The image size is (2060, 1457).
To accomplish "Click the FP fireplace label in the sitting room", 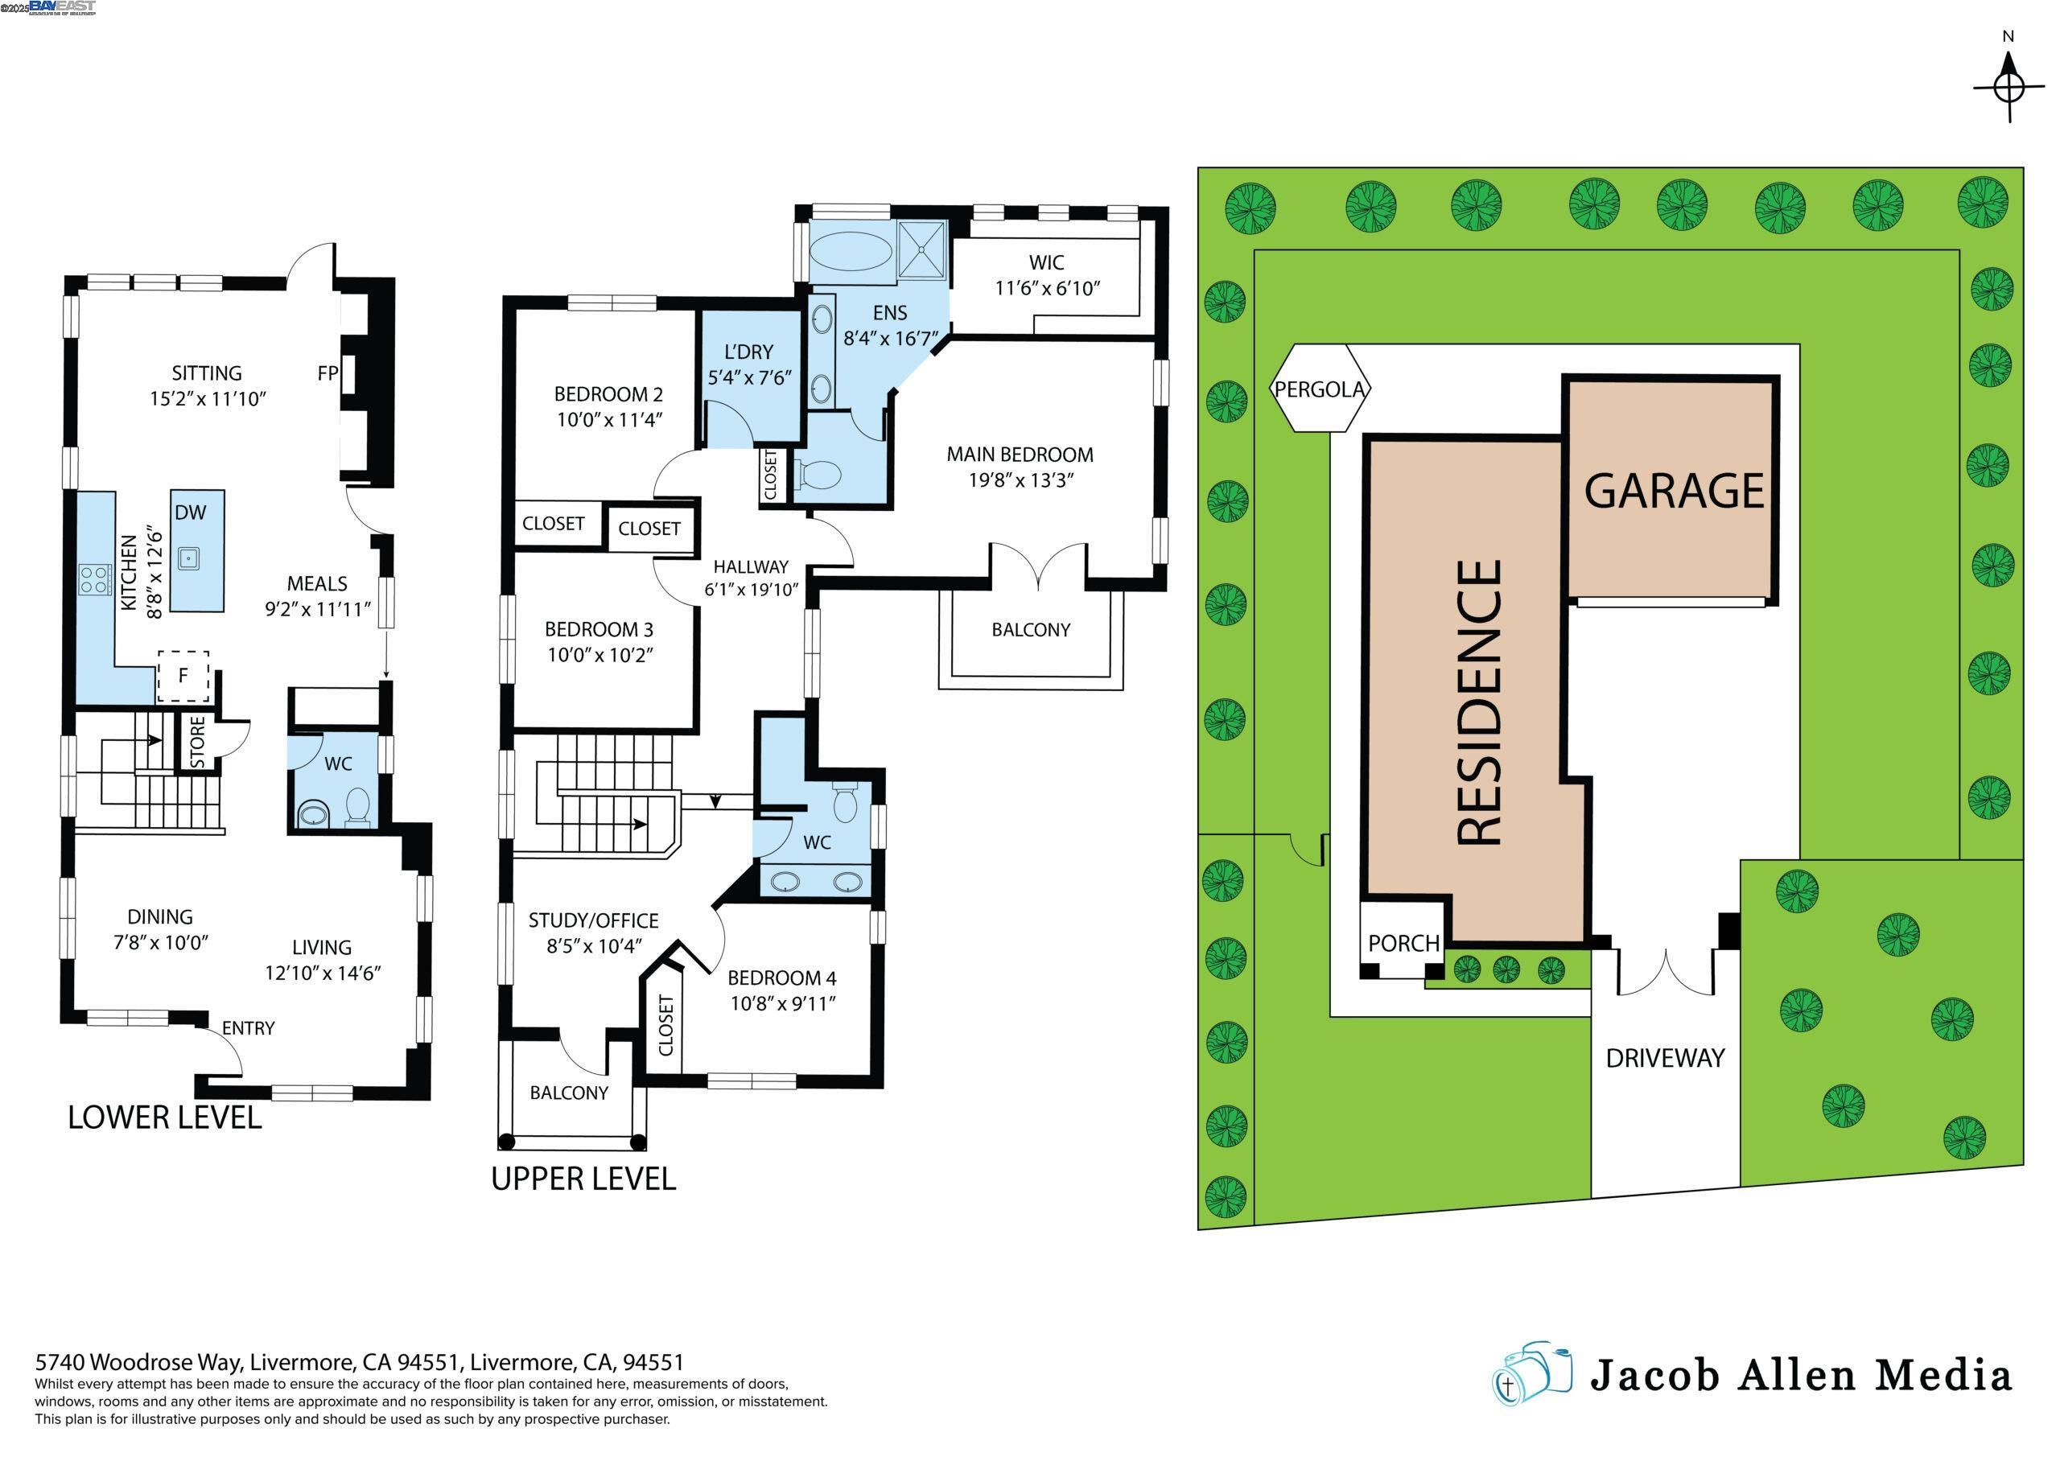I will [328, 373].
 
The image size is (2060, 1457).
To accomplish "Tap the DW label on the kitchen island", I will [190, 513].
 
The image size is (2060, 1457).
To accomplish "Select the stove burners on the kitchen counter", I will [93, 578].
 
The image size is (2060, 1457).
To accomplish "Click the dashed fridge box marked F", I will [183, 677].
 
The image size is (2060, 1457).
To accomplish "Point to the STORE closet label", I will [197, 742].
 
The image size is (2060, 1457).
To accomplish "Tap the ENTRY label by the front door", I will [248, 1028].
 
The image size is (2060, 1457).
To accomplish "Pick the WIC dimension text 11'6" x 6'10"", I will [1047, 288].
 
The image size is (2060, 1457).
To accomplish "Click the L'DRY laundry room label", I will [748, 352].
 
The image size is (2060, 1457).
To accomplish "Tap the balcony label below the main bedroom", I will [1030, 630].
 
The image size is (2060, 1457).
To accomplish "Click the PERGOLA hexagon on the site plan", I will [1320, 389].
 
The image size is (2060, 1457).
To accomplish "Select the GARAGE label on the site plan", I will [1675, 491].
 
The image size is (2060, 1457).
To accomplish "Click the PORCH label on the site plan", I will [1403, 943].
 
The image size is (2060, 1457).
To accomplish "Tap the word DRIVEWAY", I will [1665, 1059].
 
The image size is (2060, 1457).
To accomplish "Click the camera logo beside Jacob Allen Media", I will [1531, 1374].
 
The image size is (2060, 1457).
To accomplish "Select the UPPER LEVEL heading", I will [583, 1179].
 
